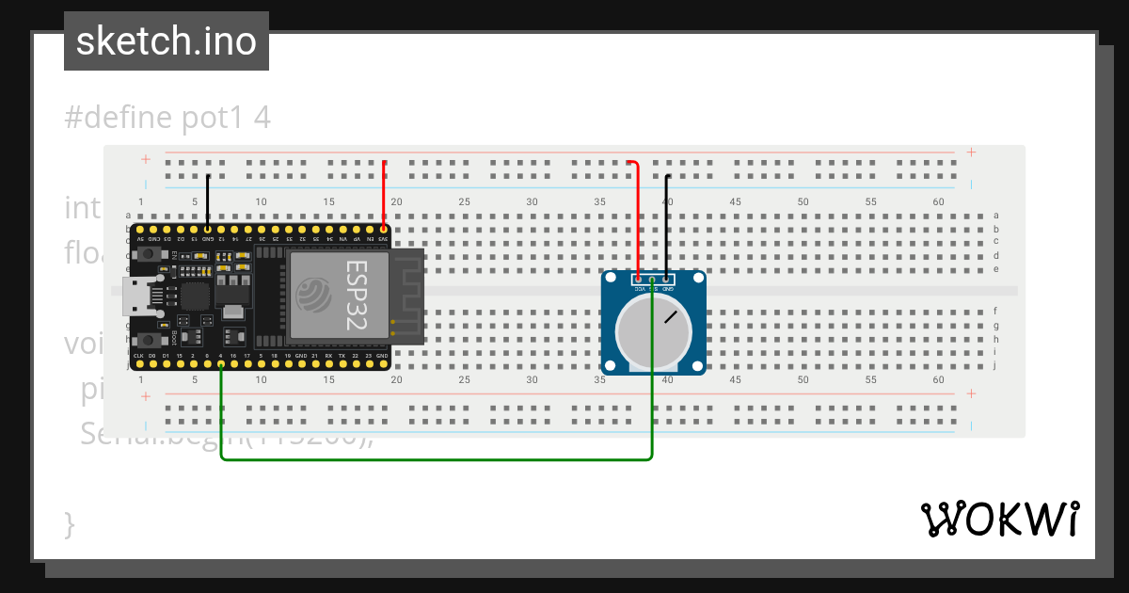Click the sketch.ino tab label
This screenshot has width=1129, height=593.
click(x=167, y=41)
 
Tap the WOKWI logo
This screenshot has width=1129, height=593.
click(x=998, y=519)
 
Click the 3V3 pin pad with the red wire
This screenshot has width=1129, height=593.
click(x=384, y=229)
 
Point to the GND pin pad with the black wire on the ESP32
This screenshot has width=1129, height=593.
click(x=207, y=229)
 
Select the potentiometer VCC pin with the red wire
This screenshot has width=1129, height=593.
click(x=639, y=279)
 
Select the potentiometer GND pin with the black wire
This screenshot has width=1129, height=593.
click(x=666, y=279)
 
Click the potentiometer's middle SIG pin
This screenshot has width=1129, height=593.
click(x=652, y=280)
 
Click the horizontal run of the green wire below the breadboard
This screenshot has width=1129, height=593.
click(x=433, y=460)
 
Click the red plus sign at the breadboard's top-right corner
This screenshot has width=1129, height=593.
click(x=971, y=152)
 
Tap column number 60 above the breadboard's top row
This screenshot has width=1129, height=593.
click(x=938, y=202)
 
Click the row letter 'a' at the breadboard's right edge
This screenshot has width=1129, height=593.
click(x=994, y=216)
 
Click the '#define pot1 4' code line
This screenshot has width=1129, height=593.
click(x=167, y=119)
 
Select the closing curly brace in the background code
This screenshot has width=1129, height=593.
click(x=69, y=523)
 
